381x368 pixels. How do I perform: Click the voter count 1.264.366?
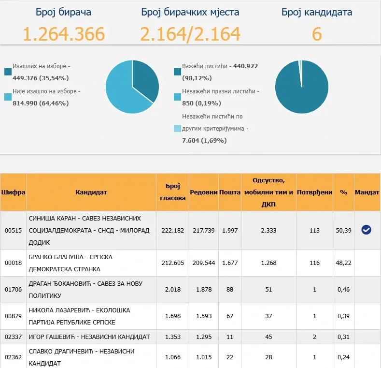[64, 34]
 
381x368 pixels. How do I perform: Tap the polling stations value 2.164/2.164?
[190, 34]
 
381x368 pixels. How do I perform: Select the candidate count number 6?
[317, 34]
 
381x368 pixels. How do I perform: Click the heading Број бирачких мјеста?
[190, 12]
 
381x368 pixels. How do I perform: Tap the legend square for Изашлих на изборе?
[8, 72]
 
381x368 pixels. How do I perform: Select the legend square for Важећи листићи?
[177, 72]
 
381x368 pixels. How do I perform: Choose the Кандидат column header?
[91, 192]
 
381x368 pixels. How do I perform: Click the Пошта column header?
[230, 192]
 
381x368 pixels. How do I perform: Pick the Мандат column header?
[367, 192]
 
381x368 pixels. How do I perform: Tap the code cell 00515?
[13, 231]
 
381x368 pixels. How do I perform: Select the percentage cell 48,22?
[343, 263]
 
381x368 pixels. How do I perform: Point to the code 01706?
[13, 289]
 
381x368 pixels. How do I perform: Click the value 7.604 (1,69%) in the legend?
[204, 140]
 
